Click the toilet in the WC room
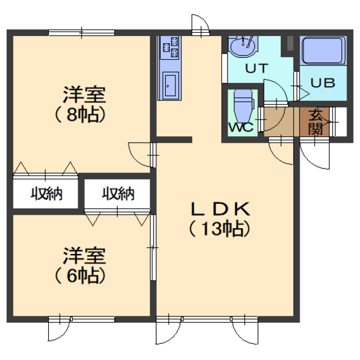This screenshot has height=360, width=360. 244,106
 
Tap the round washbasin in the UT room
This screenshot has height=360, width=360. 243,46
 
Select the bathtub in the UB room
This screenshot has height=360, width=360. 323,51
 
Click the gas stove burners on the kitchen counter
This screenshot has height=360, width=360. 170,48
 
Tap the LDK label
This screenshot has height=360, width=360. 221,209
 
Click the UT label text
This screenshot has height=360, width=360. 256,68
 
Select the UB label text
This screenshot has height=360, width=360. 323,83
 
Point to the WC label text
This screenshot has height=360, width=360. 241,127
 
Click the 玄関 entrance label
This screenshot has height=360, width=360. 316,122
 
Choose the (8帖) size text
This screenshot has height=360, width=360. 80,115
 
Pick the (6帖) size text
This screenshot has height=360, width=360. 80,276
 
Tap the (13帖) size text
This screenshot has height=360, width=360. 219,229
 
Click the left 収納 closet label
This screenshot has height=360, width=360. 46,194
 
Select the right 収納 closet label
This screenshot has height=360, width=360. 118,194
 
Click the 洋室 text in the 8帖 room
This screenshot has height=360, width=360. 84,94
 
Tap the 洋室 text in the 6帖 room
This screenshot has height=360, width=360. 84,256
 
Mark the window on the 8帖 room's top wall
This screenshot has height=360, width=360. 82,33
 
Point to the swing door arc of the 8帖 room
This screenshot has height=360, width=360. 134,158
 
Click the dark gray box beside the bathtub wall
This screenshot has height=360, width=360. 290,44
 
